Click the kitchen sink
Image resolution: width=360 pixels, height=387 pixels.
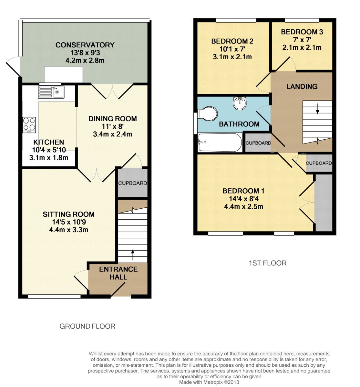(51, 92)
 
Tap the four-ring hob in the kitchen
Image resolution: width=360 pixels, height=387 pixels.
(29, 125)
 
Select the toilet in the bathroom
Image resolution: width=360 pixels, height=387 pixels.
(207, 114)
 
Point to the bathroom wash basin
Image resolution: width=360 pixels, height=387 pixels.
(240, 103)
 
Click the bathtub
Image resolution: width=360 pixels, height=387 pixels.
(220, 143)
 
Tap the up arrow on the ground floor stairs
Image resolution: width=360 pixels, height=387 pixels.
(133, 255)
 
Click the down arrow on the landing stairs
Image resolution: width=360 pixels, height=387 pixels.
(317, 109)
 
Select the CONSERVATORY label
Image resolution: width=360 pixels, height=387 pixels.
(85, 45)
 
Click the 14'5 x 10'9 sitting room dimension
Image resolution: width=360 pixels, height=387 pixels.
(69, 222)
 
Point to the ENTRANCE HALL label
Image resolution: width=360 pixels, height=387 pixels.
(118, 273)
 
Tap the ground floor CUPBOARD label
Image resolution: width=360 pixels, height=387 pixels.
(132, 183)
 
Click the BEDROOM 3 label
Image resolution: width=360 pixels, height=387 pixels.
(302, 32)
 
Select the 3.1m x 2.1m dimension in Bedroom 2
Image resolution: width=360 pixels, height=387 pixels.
(232, 57)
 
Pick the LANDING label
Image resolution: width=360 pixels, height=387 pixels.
(302, 86)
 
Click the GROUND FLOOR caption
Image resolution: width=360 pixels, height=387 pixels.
(87, 326)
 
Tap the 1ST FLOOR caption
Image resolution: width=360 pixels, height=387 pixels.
(268, 263)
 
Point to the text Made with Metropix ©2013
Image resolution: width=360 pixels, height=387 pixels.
(209, 382)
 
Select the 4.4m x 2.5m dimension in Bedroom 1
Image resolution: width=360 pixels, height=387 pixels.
(243, 206)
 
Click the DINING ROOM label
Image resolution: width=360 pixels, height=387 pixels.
(113, 119)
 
